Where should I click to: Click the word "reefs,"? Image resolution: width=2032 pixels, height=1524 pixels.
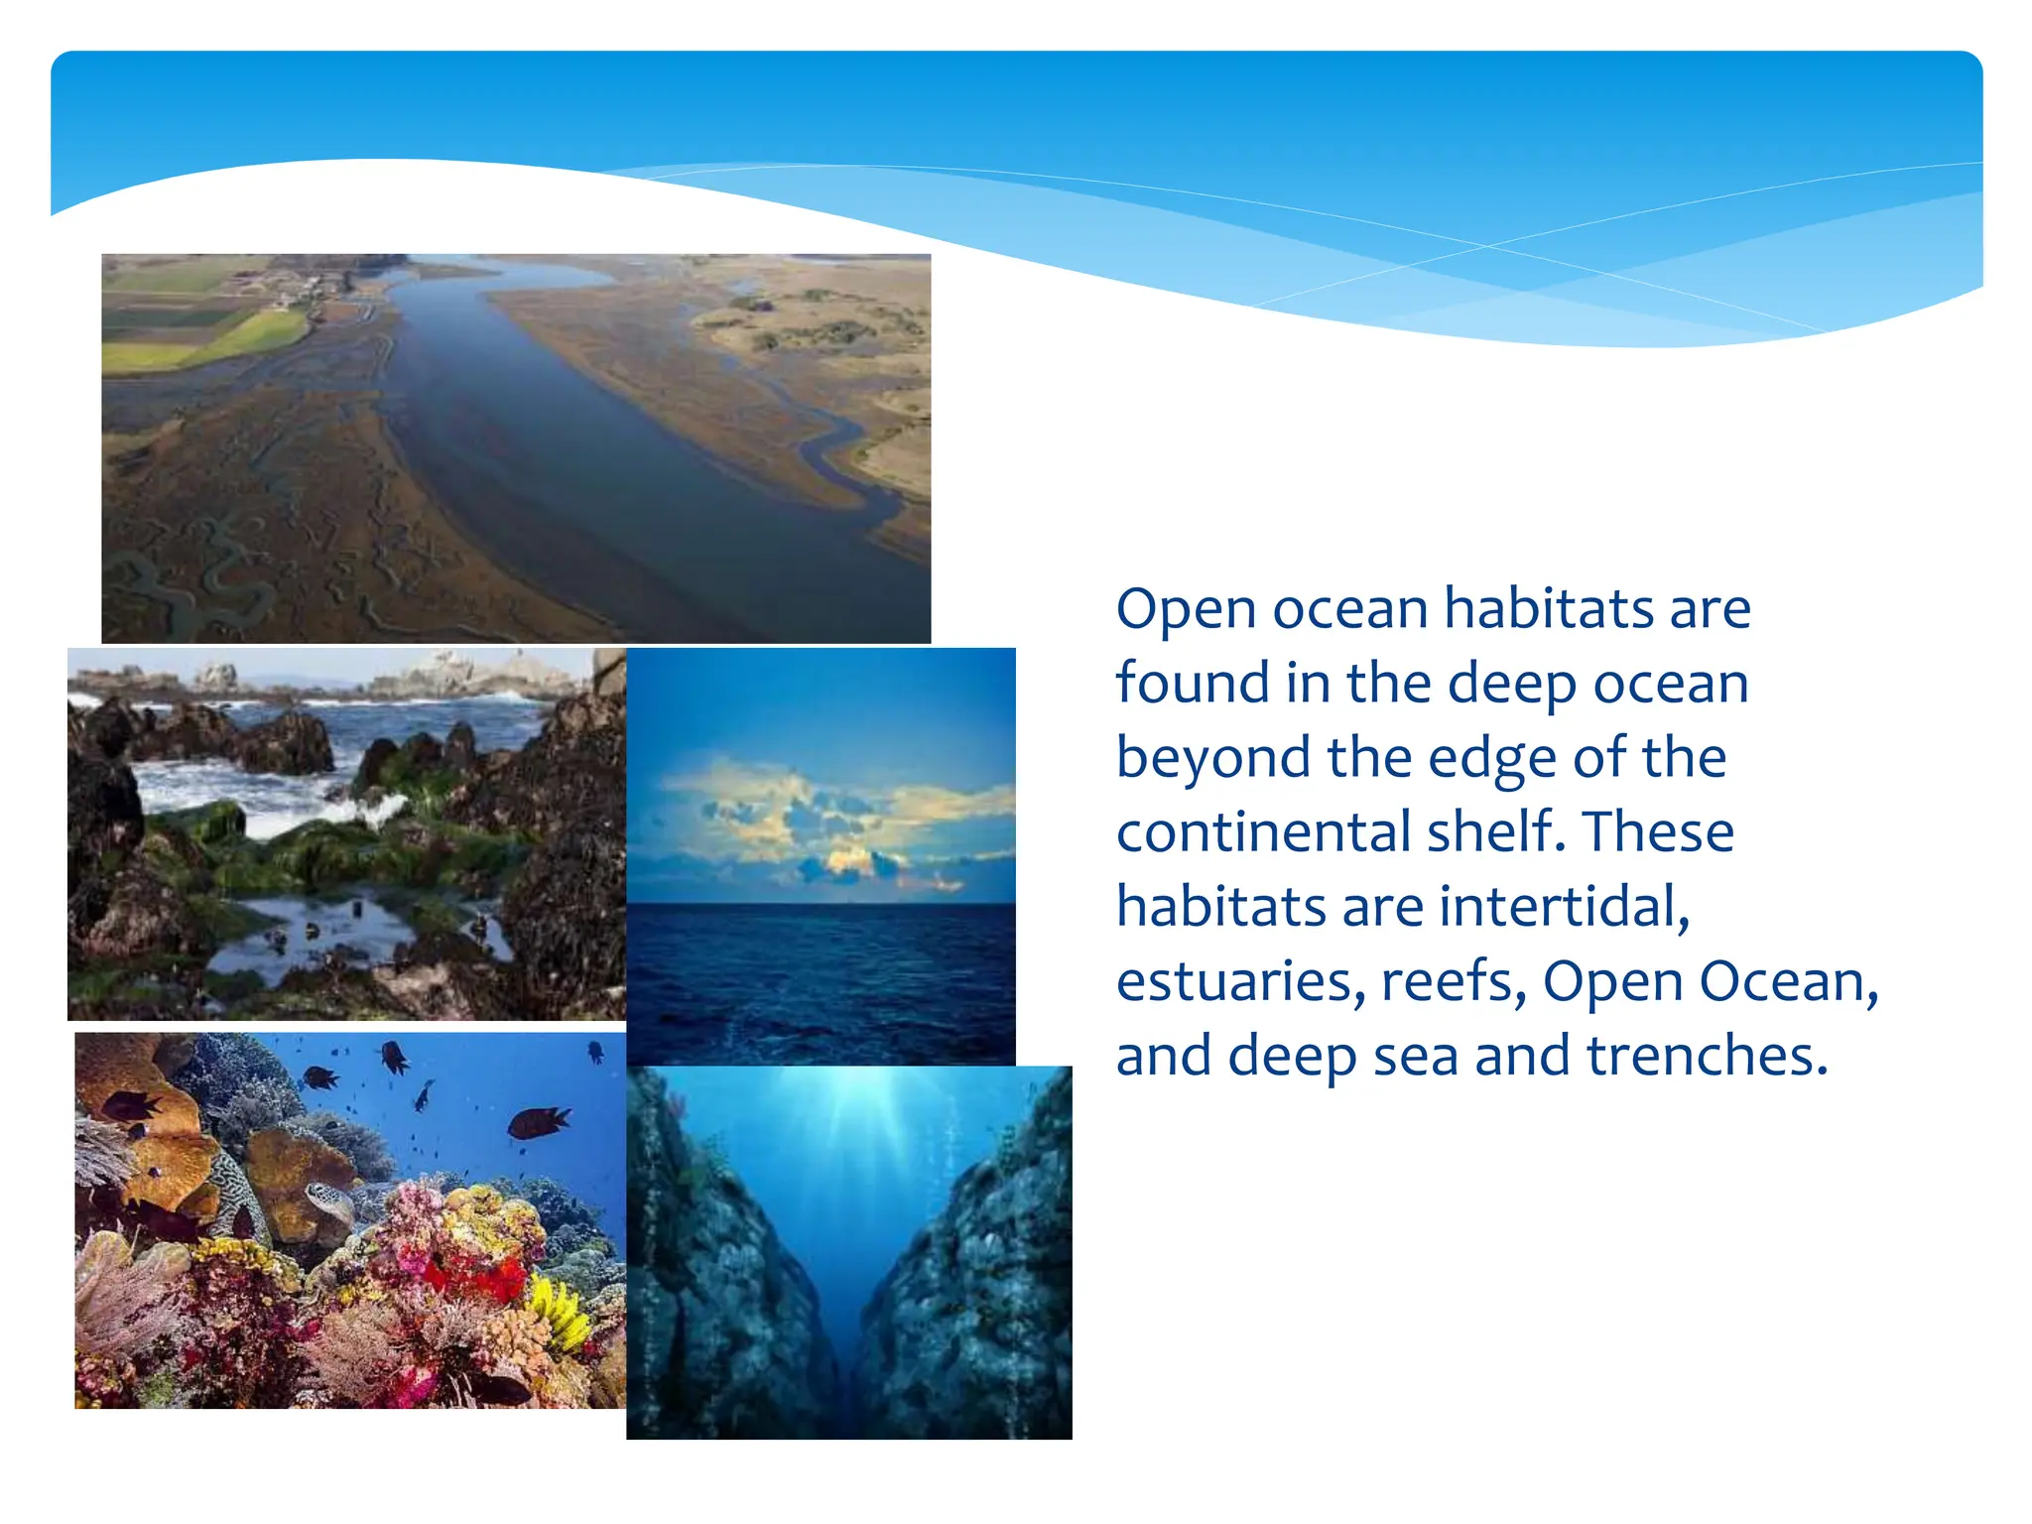[1454, 981]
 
